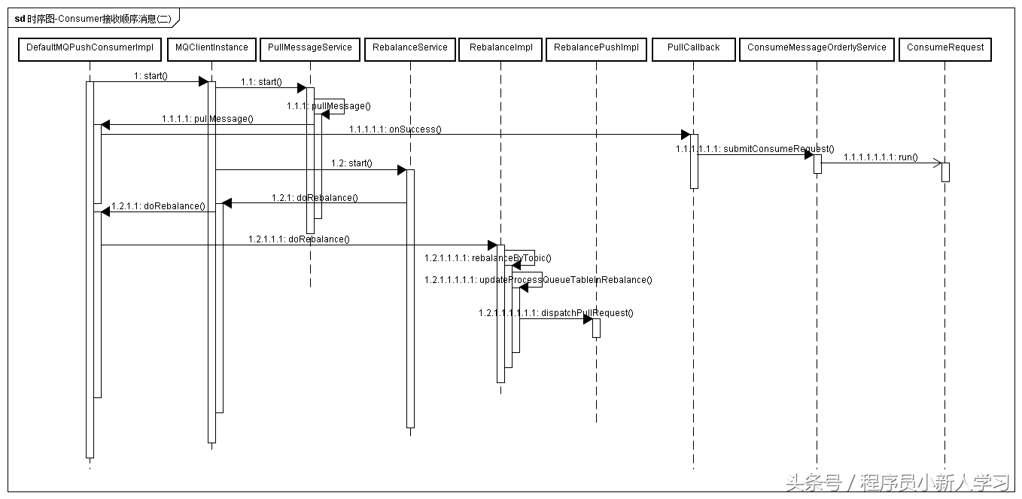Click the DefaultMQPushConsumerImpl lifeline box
[90, 48]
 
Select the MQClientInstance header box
[211, 48]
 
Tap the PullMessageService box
[310, 48]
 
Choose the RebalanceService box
[410, 48]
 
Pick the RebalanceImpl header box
[501, 48]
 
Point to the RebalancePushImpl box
[596, 48]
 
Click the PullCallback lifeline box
[694, 48]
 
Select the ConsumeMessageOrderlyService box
[817, 48]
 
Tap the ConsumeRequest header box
[945, 48]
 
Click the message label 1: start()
[150, 76]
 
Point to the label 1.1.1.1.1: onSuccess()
[395, 129]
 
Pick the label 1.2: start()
[351, 163]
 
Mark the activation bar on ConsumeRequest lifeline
[945, 172]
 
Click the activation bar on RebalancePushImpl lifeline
[596, 327]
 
